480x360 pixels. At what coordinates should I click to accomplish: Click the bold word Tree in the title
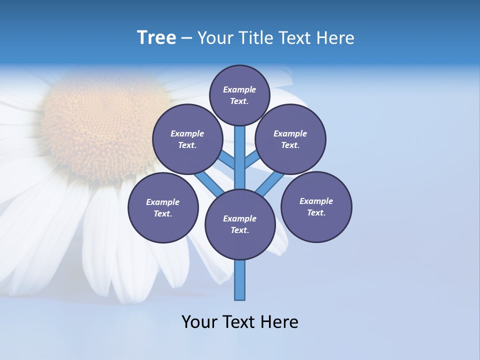click(156, 38)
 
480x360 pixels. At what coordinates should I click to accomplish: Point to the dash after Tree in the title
click(186, 38)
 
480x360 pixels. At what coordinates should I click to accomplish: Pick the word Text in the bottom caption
click(240, 322)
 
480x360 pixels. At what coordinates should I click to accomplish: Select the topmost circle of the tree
click(239, 95)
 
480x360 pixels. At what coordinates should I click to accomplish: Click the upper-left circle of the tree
click(187, 139)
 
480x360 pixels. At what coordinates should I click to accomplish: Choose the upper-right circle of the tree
click(290, 139)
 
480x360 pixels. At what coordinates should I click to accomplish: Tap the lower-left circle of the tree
click(163, 207)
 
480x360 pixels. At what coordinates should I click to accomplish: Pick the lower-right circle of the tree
click(316, 206)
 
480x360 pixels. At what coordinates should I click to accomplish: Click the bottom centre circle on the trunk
click(240, 224)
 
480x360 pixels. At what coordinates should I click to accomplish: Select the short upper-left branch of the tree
click(226, 160)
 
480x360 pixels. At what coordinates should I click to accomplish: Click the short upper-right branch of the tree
click(252, 159)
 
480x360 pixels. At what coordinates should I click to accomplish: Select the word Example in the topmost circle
click(239, 89)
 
